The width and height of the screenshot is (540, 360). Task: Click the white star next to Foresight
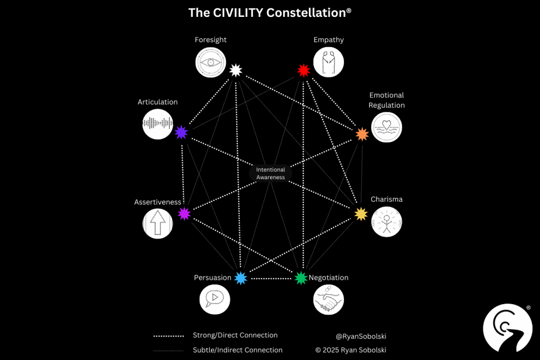[235, 70]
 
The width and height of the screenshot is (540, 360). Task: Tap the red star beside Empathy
[303, 70]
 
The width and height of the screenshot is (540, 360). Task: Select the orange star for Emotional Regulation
[362, 134]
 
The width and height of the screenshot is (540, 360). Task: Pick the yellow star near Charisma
[361, 213]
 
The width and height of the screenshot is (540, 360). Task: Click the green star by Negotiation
[301, 278]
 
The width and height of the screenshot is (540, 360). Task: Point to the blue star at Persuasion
[241, 278]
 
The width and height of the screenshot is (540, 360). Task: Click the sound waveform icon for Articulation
[157, 124]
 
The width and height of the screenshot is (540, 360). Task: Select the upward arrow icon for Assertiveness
[157, 223]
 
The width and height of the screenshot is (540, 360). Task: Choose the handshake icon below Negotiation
[329, 300]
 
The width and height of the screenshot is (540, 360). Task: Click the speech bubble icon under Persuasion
[215, 299]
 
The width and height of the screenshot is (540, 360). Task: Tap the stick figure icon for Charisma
[387, 221]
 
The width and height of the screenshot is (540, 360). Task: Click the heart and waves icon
[387, 127]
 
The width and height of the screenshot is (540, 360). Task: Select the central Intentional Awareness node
[271, 173]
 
